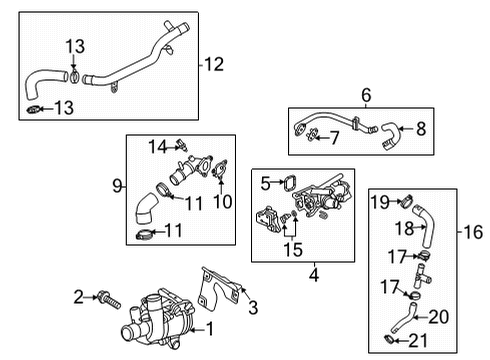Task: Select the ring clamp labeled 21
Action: [x=391, y=345]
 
